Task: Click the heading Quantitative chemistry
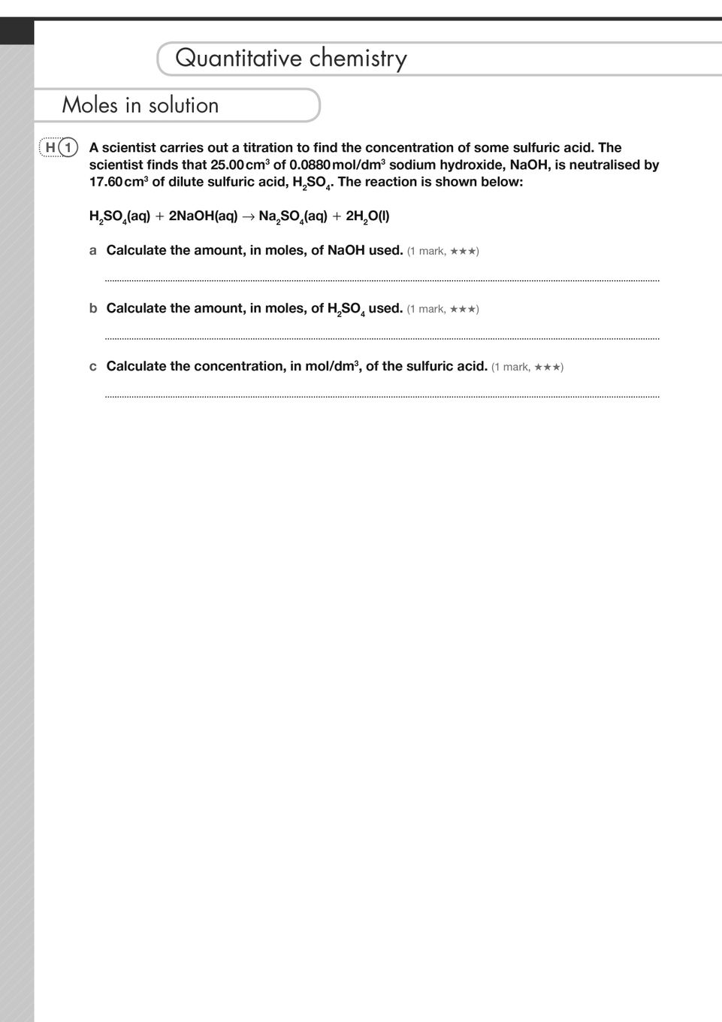(x=291, y=59)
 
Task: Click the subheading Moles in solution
(x=140, y=105)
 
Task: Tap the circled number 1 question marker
(x=68, y=148)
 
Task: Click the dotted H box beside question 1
(x=50, y=148)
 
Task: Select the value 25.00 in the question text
(x=228, y=165)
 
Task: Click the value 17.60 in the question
(x=106, y=183)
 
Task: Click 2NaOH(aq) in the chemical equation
(x=203, y=216)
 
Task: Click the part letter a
(x=93, y=251)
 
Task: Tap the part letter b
(x=93, y=309)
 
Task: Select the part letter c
(x=93, y=367)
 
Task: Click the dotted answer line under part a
(x=382, y=280)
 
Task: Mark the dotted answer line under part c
(x=382, y=396)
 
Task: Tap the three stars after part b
(x=463, y=309)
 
